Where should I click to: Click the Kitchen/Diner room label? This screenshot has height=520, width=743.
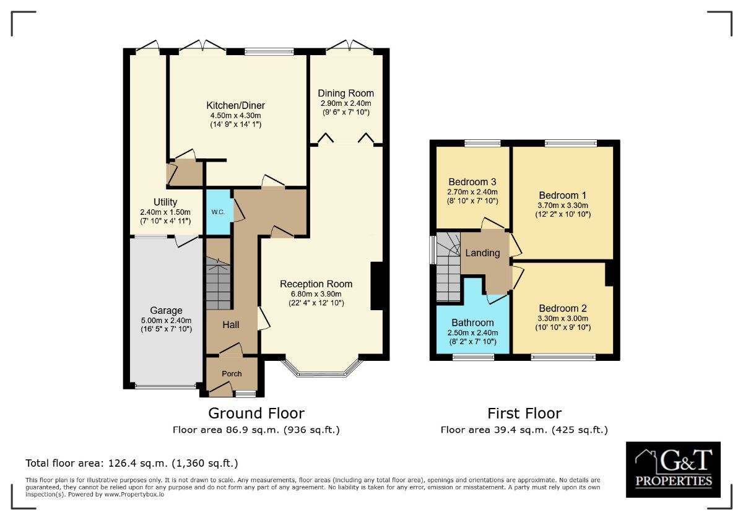[235, 105]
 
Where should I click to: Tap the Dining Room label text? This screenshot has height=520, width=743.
[345, 93]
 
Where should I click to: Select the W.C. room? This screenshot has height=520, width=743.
[218, 212]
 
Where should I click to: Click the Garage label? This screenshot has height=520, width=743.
[166, 310]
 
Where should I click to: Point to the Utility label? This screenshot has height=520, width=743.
[165, 202]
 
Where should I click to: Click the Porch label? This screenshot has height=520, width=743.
[232, 373]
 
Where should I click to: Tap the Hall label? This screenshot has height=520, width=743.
[231, 324]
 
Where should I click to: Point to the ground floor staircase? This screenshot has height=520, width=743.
[218, 285]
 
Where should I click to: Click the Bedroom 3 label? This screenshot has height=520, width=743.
[472, 182]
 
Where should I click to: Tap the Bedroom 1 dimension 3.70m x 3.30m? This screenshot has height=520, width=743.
[563, 205]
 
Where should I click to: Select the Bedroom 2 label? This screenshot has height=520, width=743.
[563, 308]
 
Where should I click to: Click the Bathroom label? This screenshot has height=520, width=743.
[472, 323]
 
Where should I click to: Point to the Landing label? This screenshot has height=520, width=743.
[482, 253]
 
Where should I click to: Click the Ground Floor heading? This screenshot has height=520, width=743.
[256, 413]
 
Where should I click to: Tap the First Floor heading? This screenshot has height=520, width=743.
[524, 413]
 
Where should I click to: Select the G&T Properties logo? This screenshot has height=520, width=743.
[673, 469]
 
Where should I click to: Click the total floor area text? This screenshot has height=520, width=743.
[131, 463]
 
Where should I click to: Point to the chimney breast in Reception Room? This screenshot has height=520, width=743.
[376, 286]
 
